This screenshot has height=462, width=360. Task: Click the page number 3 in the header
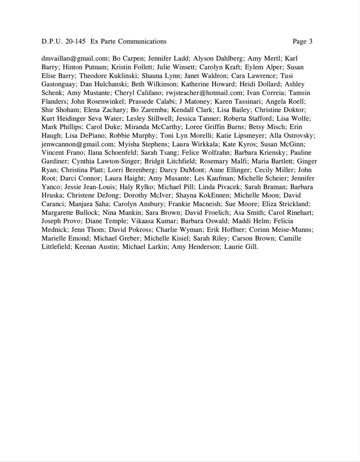310,42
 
